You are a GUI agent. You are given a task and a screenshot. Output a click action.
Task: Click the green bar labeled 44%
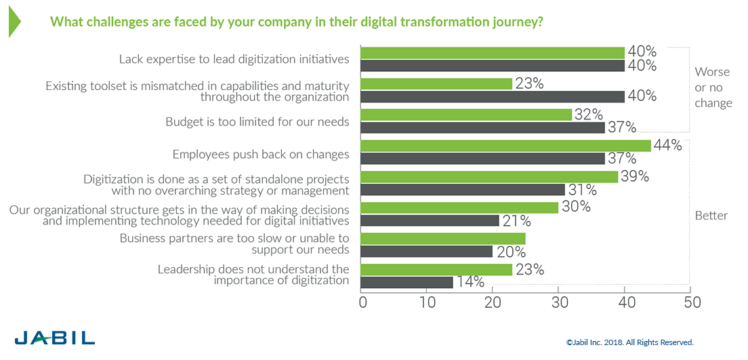pyautogui.click(x=505, y=146)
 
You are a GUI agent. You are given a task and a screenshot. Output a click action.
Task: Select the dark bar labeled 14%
pyautogui.click(x=407, y=282)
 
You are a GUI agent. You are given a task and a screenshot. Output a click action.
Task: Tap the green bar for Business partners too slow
pyautogui.click(x=442, y=239)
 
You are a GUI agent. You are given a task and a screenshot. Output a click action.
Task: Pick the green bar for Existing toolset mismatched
pyautogui.click(x=436, y=84)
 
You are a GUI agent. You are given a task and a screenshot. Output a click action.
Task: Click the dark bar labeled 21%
pyautogui.click(x=430, y=220)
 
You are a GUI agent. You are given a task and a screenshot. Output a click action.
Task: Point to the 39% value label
pyautogui.click(x=635, y=176)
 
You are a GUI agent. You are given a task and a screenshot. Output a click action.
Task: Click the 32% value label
pyautogui.click(x=588, y=115)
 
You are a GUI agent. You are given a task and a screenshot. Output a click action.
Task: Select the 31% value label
pyautogui.click(x=582, y=190)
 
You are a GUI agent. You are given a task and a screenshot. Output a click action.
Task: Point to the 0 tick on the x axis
pyautogui.click(x=362, y=302)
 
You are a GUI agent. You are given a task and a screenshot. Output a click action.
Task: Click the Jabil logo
pyautogui.click(x=55, y=338)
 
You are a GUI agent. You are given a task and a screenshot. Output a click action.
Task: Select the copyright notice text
pyautogui.click(x=629, y=343)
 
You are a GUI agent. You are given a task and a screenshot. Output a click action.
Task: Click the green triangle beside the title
pyautogui.click(x=14, y=22)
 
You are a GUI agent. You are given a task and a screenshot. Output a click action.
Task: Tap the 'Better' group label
pyautogui.click(x=711, y=216)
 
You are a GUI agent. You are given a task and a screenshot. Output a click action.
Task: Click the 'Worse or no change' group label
pyautogui.click(x=713, y=87)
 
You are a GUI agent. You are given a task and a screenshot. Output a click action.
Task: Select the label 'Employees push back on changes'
pyautogui.click(x=261, y=154)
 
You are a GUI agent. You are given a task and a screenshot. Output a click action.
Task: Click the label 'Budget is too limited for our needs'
pyautogui.click(x=257, y=122)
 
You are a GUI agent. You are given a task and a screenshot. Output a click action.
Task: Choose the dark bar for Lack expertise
pyautogui.click(x=492, y=66)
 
